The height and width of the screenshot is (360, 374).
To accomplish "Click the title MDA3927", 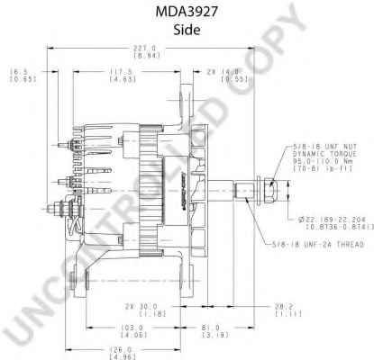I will (186, 13).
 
